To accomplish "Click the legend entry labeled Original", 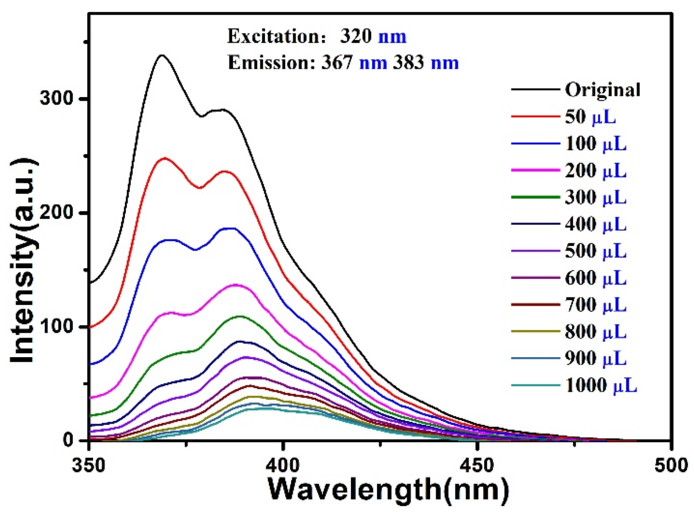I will pos(602,90).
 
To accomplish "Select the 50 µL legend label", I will pos(590,117).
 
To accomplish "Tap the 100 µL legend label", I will pos(595,144).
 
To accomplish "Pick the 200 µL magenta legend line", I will pos(535,170).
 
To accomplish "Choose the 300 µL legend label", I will pos(595,197).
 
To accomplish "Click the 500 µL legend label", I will pos(595,251).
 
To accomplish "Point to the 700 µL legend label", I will pos(595,305).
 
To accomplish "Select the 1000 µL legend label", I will pos(600,386).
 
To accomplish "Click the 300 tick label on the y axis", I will pos(56,98).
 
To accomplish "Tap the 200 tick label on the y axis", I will pos(56,212).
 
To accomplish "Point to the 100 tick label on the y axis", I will pos(56,326).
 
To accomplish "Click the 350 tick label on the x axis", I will pos(89,465).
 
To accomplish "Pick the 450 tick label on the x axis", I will pos(478,465).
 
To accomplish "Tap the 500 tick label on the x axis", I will pos(671,465).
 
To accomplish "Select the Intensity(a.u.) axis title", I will pos(23,261).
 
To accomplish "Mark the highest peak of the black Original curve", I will pos(162,55).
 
